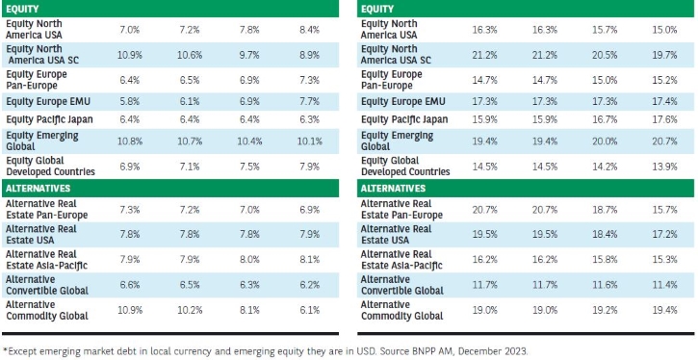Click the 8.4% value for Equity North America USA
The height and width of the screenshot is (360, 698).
309,30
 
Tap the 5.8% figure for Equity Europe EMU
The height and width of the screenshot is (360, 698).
130,102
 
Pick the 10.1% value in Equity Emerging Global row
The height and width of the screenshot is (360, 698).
309,141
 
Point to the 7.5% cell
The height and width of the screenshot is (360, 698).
249,167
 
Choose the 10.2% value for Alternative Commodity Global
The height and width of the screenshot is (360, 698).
191,310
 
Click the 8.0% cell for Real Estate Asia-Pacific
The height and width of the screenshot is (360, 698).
249,260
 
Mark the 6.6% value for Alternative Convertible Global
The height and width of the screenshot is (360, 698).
130,285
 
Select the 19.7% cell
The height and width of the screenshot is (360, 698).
665,55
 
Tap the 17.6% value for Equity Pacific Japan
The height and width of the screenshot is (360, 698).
665,119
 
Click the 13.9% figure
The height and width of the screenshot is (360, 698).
665,167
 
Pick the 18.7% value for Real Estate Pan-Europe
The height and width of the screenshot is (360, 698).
604,210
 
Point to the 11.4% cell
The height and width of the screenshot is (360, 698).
665,285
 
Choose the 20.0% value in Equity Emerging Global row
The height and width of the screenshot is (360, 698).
604,141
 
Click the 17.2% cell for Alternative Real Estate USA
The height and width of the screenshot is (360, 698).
665,234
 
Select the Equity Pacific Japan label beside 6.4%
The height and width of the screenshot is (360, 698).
49,120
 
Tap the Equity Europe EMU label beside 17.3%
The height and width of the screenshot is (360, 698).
402,102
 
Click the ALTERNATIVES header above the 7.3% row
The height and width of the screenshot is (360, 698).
38,189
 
